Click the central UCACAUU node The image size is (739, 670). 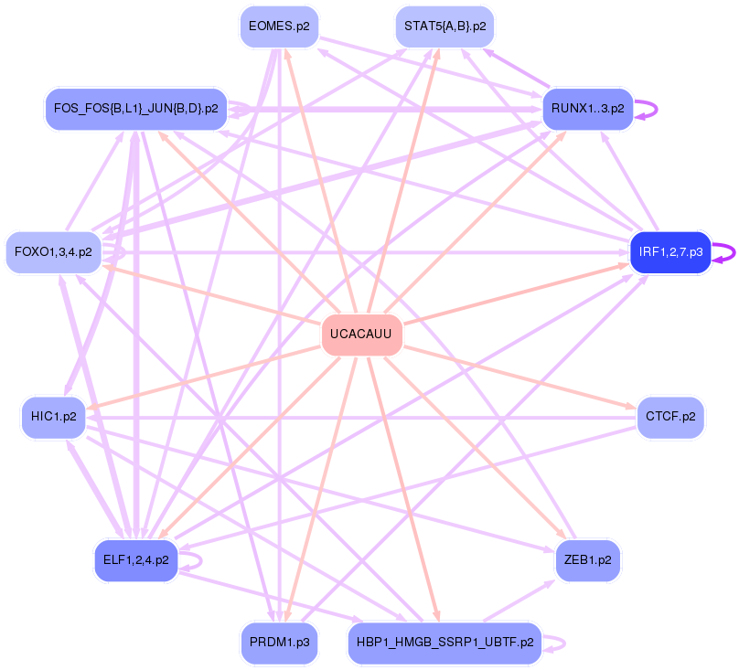[x=361, y=335]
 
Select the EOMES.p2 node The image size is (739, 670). [x=278, y=27]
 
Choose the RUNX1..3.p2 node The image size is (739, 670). [x=587, y=108]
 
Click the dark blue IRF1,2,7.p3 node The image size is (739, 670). [x=670, y=251]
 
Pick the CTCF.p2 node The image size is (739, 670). [x=670, y=417]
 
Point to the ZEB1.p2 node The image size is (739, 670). [x=587, y=560]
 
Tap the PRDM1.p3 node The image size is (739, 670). [x=279, y=643]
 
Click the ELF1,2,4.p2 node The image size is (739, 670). [x=135, y=560]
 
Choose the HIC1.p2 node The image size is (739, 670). [x=53, y=417]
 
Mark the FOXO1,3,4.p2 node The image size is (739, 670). [x=53, y=251]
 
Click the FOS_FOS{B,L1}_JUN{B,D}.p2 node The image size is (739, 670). [x=135, y=108]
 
